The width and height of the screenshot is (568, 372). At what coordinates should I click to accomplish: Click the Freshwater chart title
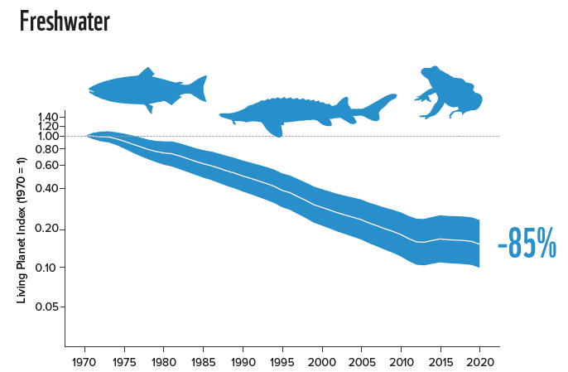tap(65, 22)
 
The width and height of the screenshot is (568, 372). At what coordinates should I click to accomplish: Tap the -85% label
tap(527, 243)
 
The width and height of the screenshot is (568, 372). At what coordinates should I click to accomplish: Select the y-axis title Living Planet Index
tap(22, 230)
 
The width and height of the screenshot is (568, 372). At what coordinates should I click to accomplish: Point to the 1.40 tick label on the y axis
tap(48, 117)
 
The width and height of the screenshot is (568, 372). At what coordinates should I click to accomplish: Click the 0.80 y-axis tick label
tap(46, 148)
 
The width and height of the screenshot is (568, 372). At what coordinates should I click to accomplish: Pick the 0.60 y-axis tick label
tap(46, 165)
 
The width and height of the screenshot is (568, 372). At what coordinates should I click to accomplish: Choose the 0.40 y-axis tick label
tap(46, 188)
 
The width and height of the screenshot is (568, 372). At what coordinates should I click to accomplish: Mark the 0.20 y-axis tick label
tap(46, 229)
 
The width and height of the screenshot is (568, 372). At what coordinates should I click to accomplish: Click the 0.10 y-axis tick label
tap(46, 268)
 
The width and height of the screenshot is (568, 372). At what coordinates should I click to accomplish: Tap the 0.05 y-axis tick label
tap(46, 307)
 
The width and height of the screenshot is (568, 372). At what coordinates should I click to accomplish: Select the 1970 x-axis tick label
tap(84, 362)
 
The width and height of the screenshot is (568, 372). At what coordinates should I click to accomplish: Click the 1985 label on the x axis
tap(203, 362)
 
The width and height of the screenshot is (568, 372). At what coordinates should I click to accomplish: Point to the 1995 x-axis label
tap(282, 362)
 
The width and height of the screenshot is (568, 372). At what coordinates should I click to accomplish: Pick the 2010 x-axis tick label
tap(401, 362)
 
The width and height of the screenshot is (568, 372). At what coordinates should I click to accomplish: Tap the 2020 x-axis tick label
tap(479, 362)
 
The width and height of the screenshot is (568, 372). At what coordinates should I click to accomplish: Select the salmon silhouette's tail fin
tap(199, 88)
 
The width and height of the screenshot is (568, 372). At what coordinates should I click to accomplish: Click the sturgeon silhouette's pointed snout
tap(220, 115)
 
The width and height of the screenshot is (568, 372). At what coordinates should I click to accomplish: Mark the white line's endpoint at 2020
tap(479, 244)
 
